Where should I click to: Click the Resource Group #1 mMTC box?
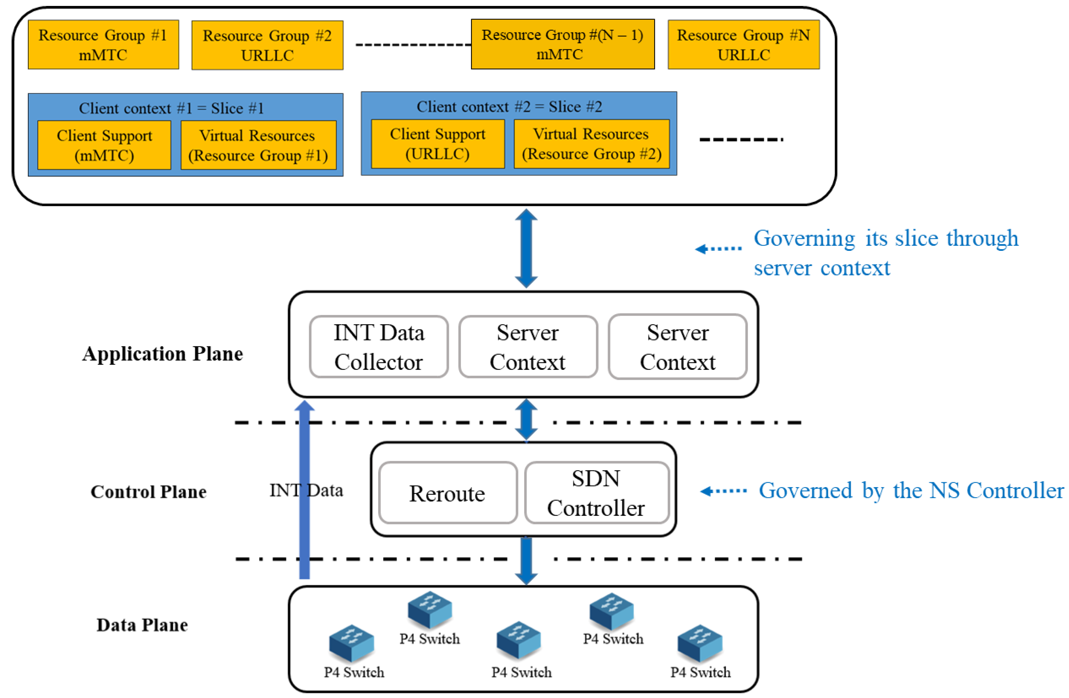(x=103, y=45)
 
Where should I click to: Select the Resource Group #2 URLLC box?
(x=267, y=45)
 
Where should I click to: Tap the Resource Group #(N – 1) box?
(x=562, y=44)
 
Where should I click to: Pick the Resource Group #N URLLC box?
(x=743, y=45)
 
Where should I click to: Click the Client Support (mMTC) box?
(x=104, y=145)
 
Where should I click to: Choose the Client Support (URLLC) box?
(x=437, y=144)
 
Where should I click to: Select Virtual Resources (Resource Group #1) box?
(x=258, y=145)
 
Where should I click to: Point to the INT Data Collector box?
(x=378, y=347)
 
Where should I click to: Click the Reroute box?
(x=447, y=493)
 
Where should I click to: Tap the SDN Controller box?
(x=597, y=493)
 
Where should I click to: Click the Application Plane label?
(x=163, y=354)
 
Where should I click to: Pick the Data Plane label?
(x=142, y=624)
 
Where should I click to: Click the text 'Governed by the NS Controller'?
(x=911, y=490)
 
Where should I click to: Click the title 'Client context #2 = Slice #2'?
(x=509, y=106)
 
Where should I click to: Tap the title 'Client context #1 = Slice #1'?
(x=171, y=108)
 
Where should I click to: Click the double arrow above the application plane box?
(x=526, y=249)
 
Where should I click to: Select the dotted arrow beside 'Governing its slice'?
(x=718, y=249)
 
